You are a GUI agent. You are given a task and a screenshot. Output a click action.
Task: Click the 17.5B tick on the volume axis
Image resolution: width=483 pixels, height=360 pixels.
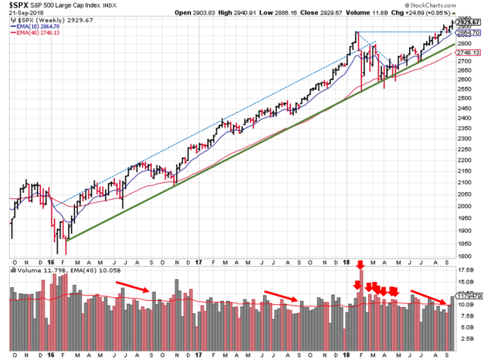(468, 269)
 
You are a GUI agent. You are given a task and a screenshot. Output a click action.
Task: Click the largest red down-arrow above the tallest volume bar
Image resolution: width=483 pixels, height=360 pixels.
(360, 265)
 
